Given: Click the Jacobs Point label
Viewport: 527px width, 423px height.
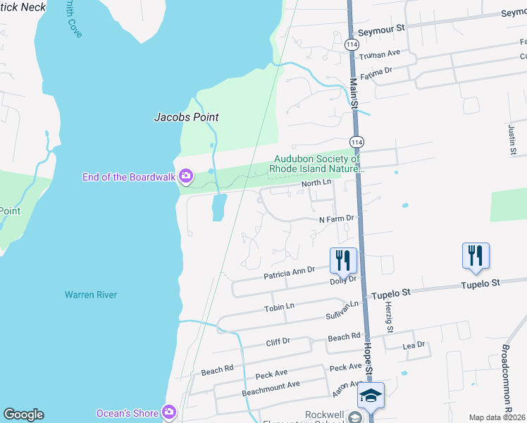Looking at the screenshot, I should [x=186, y=118].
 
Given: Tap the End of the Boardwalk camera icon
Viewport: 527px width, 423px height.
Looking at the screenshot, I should [x=186, y=176].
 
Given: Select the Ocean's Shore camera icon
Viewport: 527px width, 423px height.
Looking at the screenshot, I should [x=168, y=412].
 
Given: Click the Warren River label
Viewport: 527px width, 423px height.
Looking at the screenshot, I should [x=91, y=295].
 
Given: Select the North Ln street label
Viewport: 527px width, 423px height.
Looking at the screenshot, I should [x=316, y=183].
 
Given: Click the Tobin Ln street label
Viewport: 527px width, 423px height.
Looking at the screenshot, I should [x=279, y=307].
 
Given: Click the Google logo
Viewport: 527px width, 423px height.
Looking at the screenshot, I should [x=23, y=415].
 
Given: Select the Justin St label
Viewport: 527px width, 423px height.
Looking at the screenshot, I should [x=513, y=140].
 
